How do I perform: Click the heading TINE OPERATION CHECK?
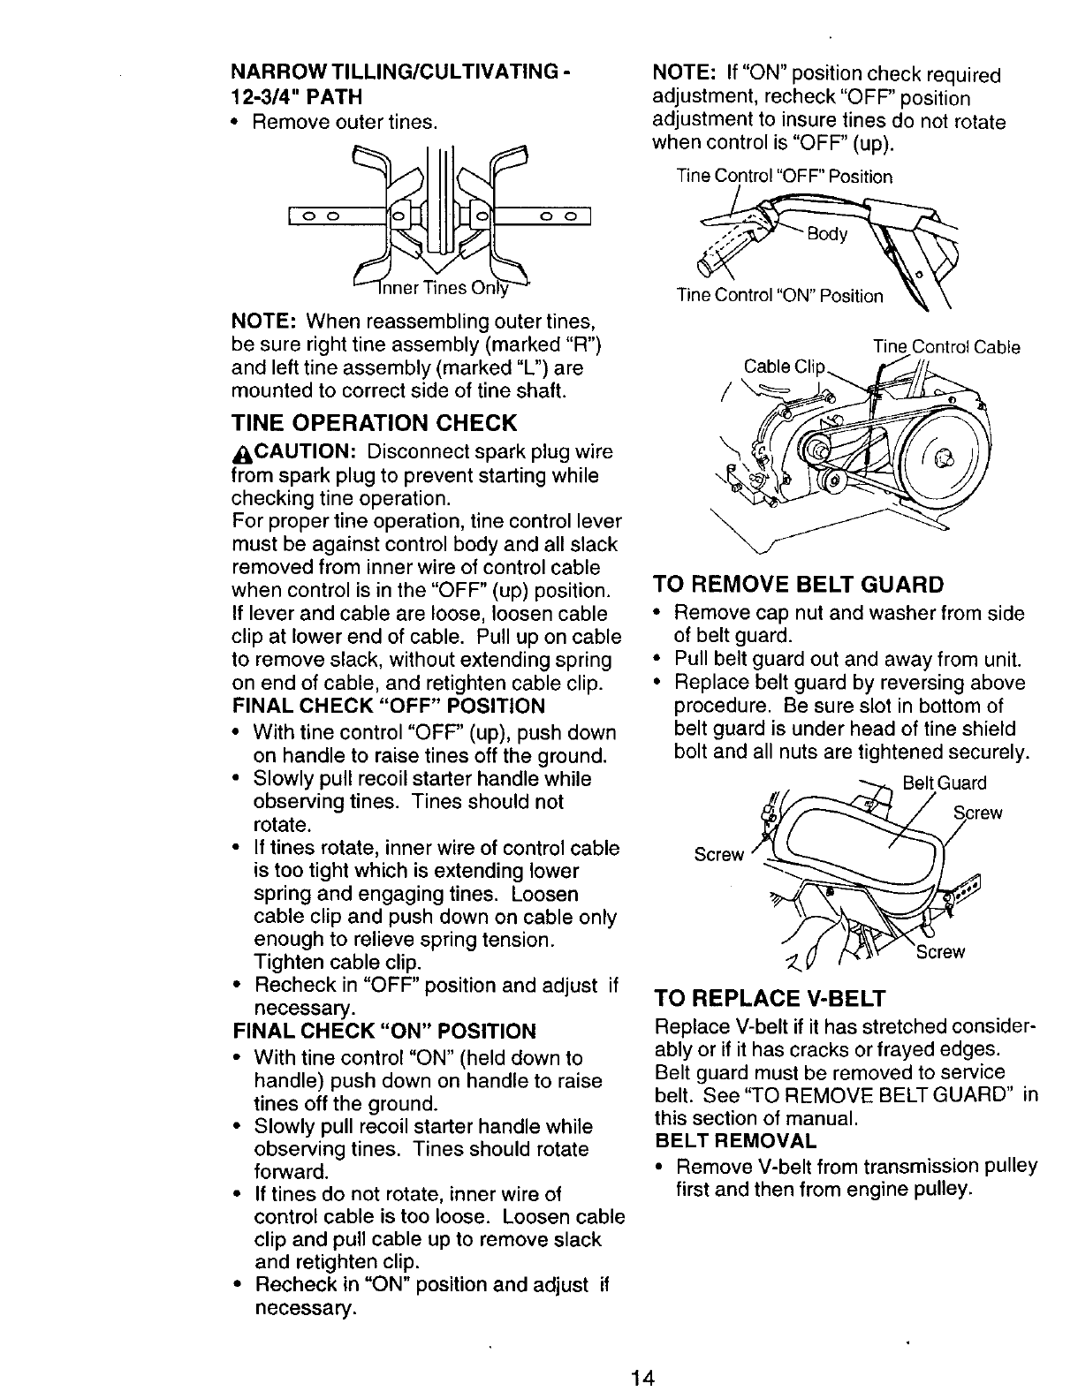point(374,422)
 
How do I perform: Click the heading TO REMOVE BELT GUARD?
point(798,585)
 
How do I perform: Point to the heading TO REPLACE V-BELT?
point(768,999)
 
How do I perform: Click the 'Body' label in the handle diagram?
point(828,234)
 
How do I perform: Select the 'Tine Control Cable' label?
point(946,347)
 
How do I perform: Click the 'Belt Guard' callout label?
point(944,783)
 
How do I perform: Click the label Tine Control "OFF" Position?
point(784,177)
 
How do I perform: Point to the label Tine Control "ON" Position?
point(779,296)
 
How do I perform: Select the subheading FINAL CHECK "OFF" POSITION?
point(388,706)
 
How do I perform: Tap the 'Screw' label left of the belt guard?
point(719,854)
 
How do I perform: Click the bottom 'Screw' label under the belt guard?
point(940,952)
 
